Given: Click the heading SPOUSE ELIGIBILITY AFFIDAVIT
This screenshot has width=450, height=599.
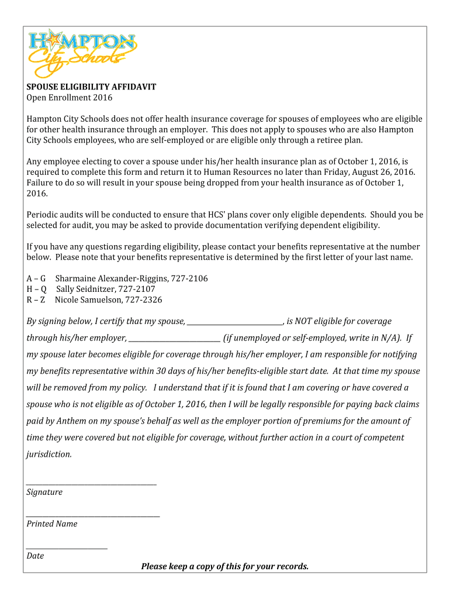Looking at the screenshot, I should pyautogui.click(x=91, y=87).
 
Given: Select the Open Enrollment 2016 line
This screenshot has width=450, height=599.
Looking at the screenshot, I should pyautogui.click(x=69, y=98).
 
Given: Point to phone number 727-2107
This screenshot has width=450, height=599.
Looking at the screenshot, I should pyautogui.click(x=137, y=289).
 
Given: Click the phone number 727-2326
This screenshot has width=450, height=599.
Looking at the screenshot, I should pyautogui.click(x=144, y=300).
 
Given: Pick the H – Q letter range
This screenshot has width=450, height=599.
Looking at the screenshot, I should pyautogui.click(x=37, y=289).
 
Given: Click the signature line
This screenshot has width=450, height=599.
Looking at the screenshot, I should pyautogui.click(x=92, y=483).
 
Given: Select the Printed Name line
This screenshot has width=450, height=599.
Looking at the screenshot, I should pyautogui.click(x=94, y=515).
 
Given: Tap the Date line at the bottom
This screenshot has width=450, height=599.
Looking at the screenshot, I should pyautogui.click(x=67, y=547).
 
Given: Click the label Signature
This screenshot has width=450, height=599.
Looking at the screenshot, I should pyautogui.click(x=44, y=493).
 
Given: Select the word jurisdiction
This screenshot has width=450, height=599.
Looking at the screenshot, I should pyautogui.click(x=49, y=455).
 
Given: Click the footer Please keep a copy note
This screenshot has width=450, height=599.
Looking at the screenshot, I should pyautogui.click(x=224, y=566).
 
